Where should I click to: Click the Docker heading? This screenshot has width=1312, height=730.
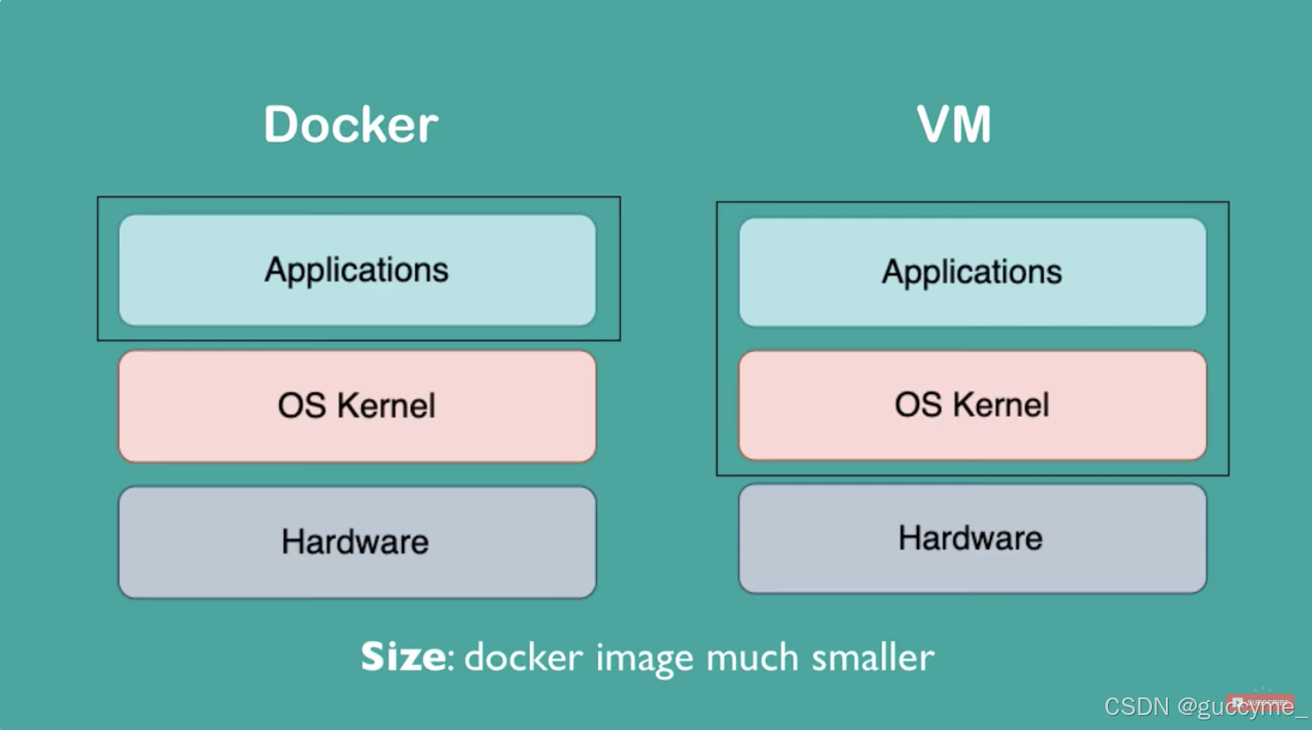[350, 124]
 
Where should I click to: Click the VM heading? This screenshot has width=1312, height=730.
[954, 124]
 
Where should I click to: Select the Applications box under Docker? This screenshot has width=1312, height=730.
[357, 270]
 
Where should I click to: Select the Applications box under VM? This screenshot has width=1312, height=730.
[972, 272]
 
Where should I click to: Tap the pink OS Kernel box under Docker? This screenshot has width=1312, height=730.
[357, 405]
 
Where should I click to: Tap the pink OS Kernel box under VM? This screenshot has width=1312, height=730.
[972, 405]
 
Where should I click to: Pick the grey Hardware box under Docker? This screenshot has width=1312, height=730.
[357, 542]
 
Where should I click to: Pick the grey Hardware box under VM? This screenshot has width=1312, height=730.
[972, 538]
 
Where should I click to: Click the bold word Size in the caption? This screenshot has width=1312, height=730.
[403, 657]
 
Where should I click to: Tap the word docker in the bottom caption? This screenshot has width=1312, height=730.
[523, 658]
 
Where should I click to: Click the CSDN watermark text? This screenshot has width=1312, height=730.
[1136, 707]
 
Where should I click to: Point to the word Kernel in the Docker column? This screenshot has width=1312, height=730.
[386, 405]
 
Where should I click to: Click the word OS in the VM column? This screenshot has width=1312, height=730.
[918, 405]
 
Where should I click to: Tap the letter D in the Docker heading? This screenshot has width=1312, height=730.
[282, 124]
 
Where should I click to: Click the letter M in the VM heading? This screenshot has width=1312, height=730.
[973, 124]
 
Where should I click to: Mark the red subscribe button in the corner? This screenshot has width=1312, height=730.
[1261, 703]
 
